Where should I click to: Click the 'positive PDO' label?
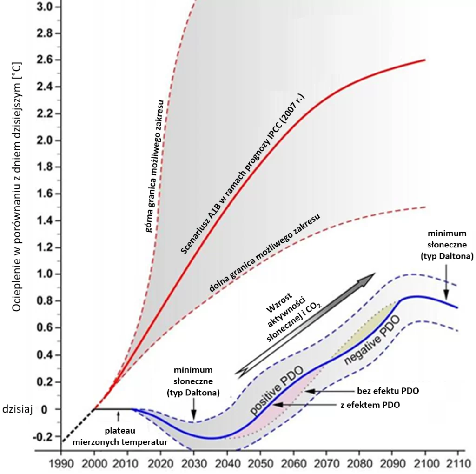coord(276,391)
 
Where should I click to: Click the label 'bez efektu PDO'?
coord(388,391)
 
